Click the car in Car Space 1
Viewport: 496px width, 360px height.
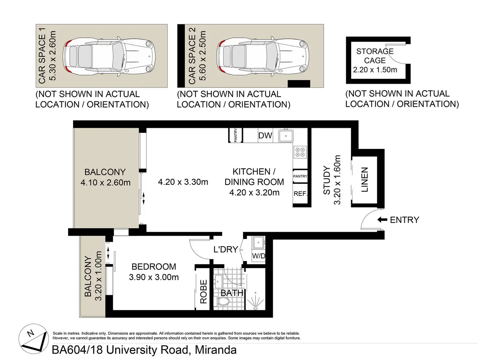(x=108, y=56)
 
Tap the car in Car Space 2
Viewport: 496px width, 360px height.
(x=262, y=56)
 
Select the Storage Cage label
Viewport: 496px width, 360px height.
(x=375, y=56)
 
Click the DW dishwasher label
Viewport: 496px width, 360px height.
(x=265, y=135)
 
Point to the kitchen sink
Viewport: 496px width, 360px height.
(x=286, y=136)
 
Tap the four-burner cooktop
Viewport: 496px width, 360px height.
(x=300, y=152)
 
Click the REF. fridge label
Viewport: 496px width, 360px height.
(x=300, y=194)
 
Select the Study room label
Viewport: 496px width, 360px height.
(x=327, y=180)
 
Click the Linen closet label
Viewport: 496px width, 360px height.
(x=365, y=179)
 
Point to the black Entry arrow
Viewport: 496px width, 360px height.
(x=382, y=220)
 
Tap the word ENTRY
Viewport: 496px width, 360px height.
(x=404, y=220)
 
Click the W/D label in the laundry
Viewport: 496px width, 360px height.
(x=258, y=256)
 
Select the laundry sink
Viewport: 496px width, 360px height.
(x=258, y=242)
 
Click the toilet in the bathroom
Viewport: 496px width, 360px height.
(x=222, y=301)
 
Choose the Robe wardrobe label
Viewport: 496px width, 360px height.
(x=203, y=291)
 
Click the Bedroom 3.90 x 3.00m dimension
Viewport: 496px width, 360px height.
(x=154, y=277)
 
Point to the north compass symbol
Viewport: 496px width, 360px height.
(x=34, y=338)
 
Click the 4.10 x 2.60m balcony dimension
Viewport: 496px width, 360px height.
(x=105, y=183)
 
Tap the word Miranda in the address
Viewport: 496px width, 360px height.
(x=216, y=350)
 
